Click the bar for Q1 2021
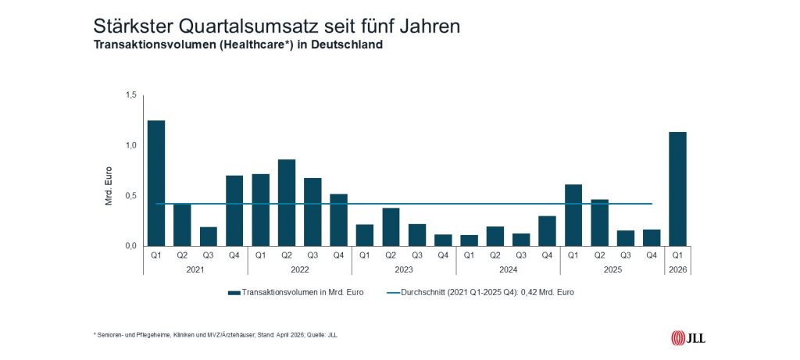(x=156, y=184)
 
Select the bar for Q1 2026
(x=678, y=189)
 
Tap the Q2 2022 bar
(x=287, y=203)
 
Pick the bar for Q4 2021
(x=234, y=211)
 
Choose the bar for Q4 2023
(x=443, y=240)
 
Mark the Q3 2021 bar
(x=209, y=237)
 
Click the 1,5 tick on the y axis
(x=130, y=95)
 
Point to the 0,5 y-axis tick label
(x=130, y=196)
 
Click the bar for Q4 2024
(x=548, y=231)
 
